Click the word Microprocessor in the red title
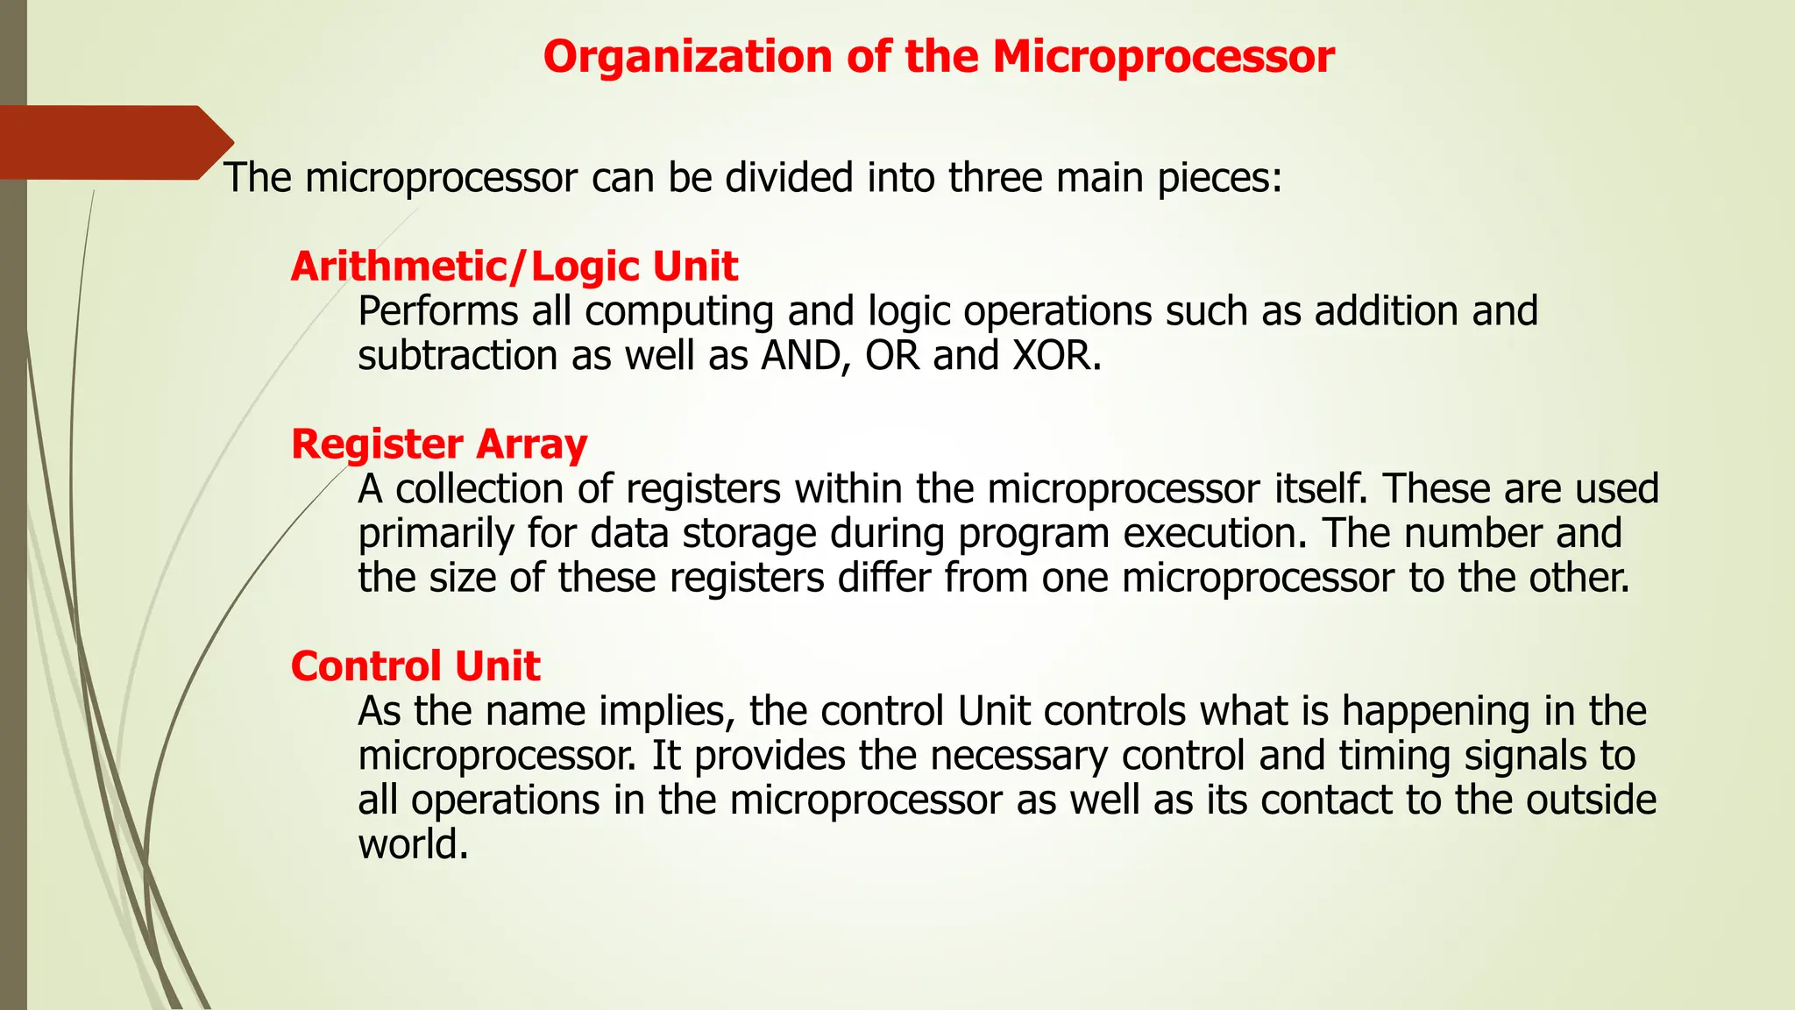point(1163,58)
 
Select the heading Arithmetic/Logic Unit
point(514,267)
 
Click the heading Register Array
point(438,445)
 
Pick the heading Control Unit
point(415,666)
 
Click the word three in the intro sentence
point(995,178)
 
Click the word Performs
point(437,312)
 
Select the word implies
point(666,712)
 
